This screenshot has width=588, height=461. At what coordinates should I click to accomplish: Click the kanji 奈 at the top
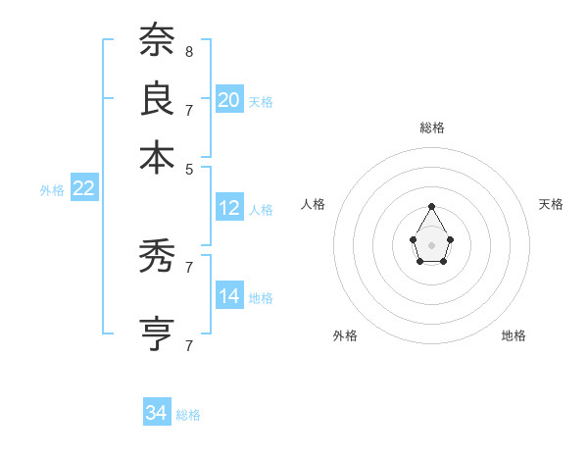157,42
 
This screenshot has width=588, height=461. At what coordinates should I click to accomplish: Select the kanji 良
157,99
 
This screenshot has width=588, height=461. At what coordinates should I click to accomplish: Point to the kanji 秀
157,258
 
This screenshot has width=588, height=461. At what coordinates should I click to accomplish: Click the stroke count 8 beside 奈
188,51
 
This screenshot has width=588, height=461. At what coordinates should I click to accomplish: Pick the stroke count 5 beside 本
188,169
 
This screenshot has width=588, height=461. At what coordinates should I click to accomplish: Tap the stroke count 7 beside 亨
188,345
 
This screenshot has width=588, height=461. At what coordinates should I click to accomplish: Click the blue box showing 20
229,99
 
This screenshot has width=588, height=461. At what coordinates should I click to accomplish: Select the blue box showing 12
229,208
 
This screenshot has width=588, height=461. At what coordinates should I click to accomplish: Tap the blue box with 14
229,296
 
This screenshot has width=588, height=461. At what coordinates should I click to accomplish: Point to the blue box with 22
83,188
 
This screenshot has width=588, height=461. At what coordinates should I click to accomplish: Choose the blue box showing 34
156,413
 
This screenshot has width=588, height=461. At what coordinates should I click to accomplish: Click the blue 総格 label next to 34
188,415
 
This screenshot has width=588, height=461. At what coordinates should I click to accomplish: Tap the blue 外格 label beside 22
51,190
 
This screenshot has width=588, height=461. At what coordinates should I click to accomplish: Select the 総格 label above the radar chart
431,128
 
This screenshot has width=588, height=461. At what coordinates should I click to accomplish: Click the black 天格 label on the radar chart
551,204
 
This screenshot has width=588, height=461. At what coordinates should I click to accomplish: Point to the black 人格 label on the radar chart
314,204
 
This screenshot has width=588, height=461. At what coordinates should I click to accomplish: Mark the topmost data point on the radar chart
431,206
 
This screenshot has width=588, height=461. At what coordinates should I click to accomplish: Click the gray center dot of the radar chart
431,244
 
